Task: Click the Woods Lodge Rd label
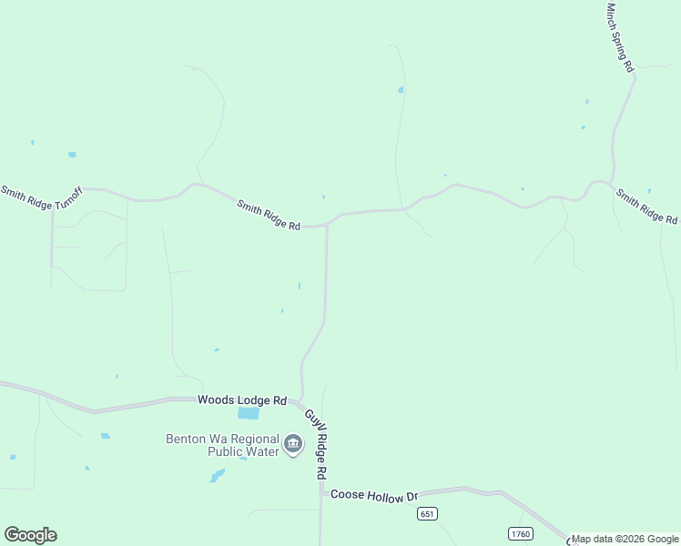click(242, 400)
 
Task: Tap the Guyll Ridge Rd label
click(315, 444)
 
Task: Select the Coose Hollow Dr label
click(373, 495)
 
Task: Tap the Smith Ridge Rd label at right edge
click(646, 207)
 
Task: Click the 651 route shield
click(428, 514)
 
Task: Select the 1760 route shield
click(520, 532)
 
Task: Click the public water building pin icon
click(293, 444)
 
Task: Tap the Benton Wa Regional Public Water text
click(222, 444)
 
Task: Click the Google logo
click(30, 535)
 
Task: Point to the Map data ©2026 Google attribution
click(625, 539)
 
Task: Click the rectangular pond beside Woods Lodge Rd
click(249, 413)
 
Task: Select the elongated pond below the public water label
click(217, 475)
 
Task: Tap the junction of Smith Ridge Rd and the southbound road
click(327, 225)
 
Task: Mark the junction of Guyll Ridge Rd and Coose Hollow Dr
click(320, 494)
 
